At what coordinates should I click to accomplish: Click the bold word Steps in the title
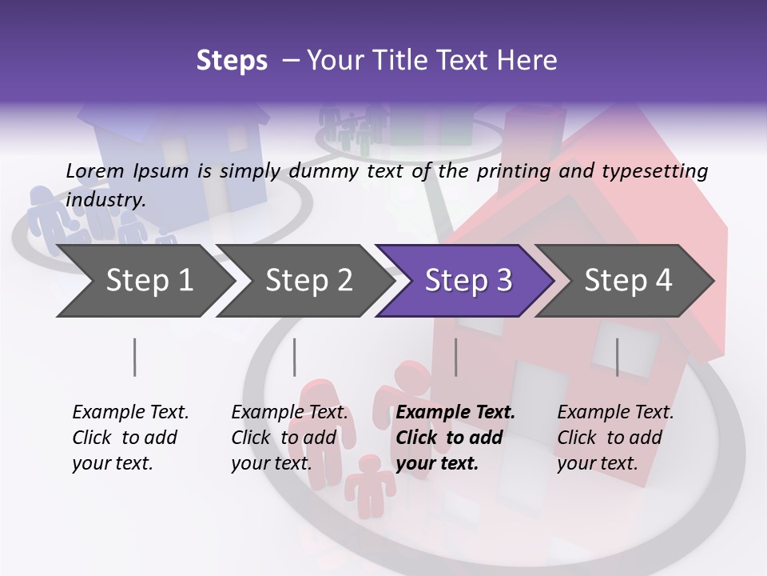232,61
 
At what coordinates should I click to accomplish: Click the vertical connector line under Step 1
134,357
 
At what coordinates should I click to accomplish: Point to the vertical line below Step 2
294,357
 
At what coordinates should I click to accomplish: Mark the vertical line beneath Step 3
455,357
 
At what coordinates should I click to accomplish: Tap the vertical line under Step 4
617,357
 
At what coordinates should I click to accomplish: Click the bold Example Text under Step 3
455,438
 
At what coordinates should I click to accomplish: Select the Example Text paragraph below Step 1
130,438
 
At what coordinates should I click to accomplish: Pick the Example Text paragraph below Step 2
289,438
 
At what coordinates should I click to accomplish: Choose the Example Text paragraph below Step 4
615,438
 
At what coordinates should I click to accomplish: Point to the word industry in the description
105,200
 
